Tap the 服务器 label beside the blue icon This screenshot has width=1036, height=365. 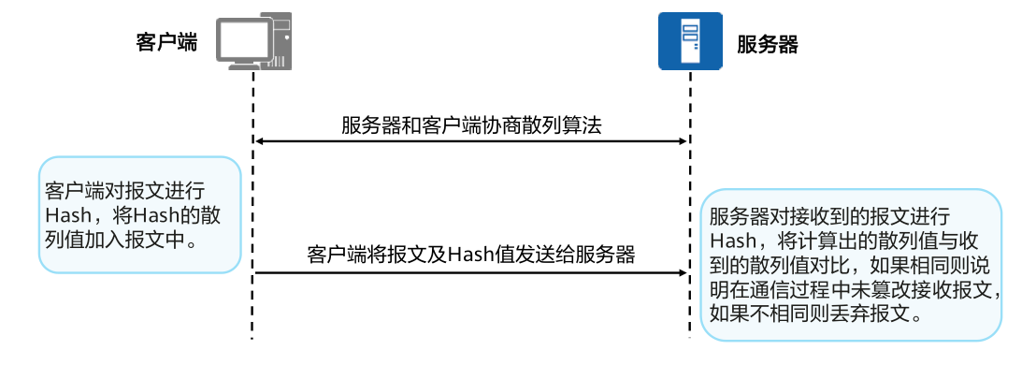[767, 44]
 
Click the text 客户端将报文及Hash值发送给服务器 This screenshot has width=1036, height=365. [471, 255]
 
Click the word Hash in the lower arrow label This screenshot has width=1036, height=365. [470, 255]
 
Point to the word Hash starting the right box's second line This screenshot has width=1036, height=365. [735, 241]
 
